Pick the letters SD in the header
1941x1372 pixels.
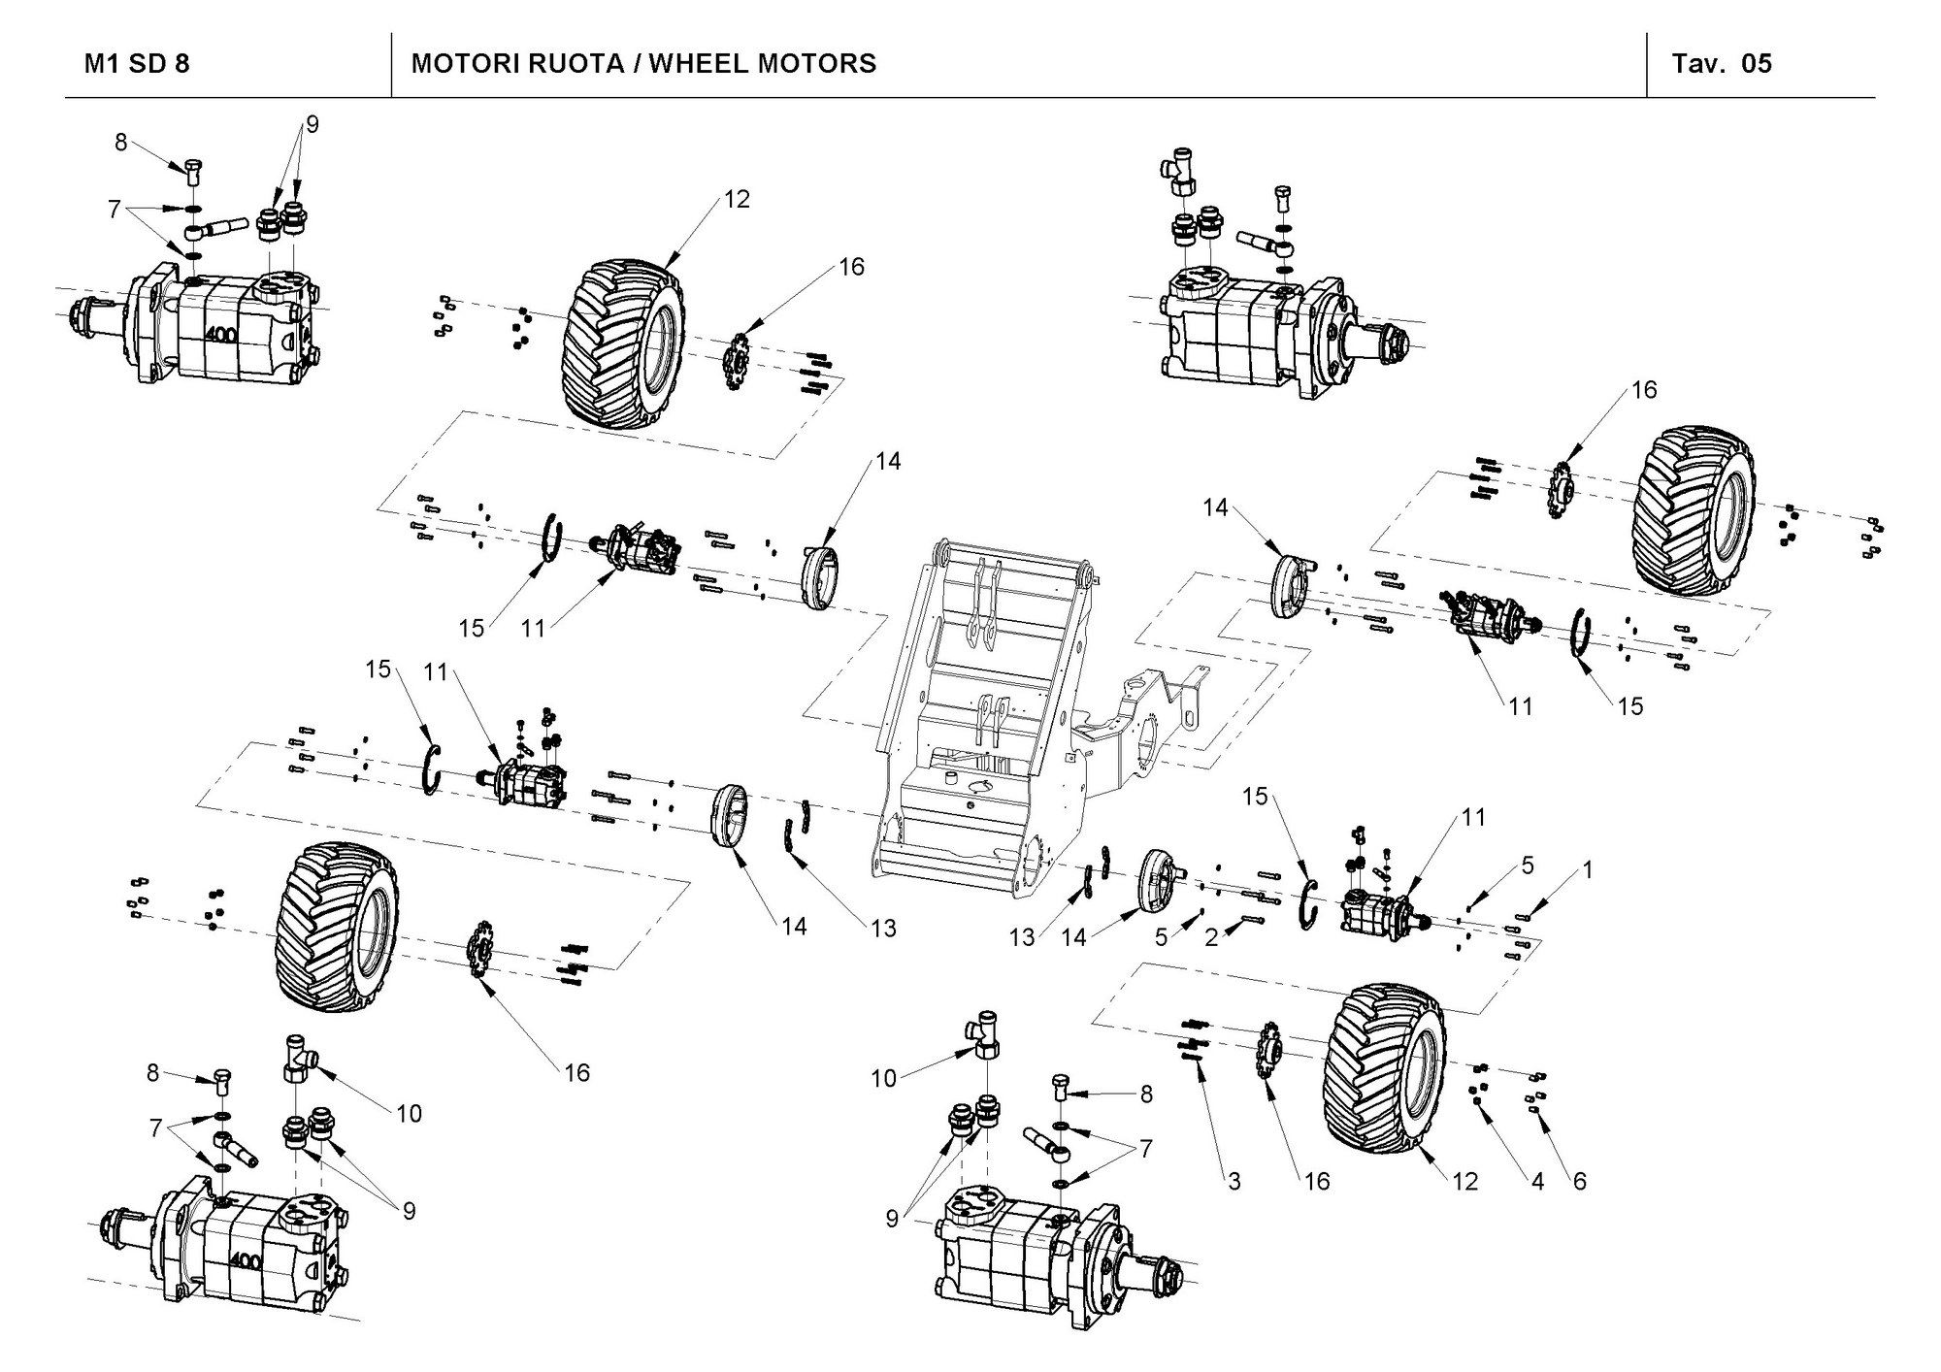coord(145,64)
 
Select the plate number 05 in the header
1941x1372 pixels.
coord(1757,64)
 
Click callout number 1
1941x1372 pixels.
coord(1588,870)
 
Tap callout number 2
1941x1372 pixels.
coord(1211,937)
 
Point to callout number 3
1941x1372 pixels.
coord(1234,1181)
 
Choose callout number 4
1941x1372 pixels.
coord(1537,1181)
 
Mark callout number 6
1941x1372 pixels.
coord(1580,1181)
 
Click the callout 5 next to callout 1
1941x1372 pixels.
coord(1528,866)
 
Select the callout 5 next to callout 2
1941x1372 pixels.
coord(1161,937)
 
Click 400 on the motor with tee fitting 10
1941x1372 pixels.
coord(245,1261)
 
